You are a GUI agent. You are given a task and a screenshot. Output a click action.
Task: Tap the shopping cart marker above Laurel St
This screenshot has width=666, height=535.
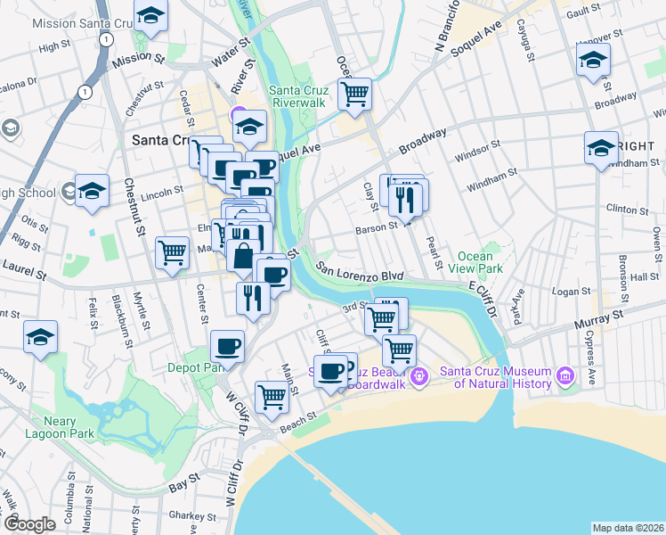coord(172,251)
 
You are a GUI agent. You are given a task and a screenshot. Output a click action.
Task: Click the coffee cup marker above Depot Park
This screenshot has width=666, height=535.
coord(227,345)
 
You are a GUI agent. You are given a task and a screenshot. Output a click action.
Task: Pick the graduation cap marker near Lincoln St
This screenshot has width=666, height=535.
coord(92,191)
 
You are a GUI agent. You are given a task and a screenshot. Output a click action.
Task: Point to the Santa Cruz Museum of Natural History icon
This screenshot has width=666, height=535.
coord(564,377)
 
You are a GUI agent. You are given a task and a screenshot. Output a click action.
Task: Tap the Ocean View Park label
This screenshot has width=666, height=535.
coord(480,262)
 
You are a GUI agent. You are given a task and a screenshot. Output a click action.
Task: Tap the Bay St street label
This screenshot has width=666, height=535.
coord(183,489)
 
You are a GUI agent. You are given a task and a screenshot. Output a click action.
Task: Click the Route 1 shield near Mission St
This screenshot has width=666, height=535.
coord(107,39)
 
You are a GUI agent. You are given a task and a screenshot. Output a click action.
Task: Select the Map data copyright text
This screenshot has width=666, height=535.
coord(627,528)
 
